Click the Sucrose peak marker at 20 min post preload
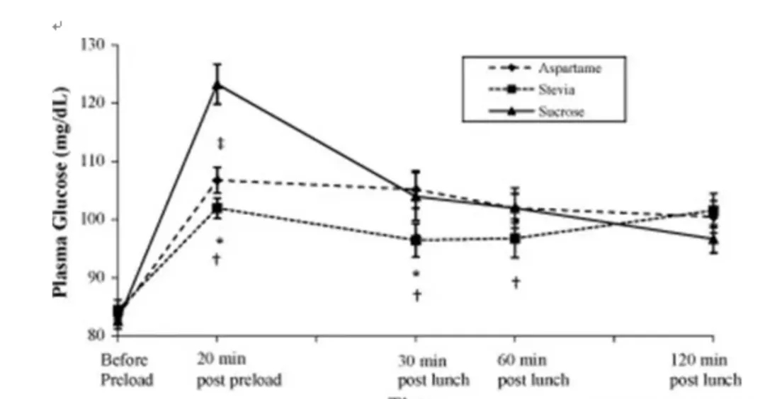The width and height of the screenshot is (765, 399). (x=217, y=86)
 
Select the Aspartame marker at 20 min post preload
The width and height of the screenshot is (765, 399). (x=217, y=180)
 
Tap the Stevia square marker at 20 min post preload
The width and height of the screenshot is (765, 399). (x=217, y=209)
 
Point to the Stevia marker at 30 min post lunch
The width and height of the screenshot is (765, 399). (x=416, y=240)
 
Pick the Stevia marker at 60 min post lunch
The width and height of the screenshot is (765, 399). (x=516, y=238)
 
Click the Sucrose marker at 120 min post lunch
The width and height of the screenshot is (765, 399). (x=713, y=239)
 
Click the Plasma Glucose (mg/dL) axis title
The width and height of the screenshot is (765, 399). (x=62, y=191)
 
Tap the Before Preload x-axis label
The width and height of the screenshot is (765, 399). (x=127, y=369)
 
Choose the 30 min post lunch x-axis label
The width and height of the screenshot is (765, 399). (x=433, y=370)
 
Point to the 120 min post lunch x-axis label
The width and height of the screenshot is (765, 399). (x=705, y=370)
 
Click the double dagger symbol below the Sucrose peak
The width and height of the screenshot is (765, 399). (x=221, y=144)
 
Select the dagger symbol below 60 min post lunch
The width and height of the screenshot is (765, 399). (x=516, y=283)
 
